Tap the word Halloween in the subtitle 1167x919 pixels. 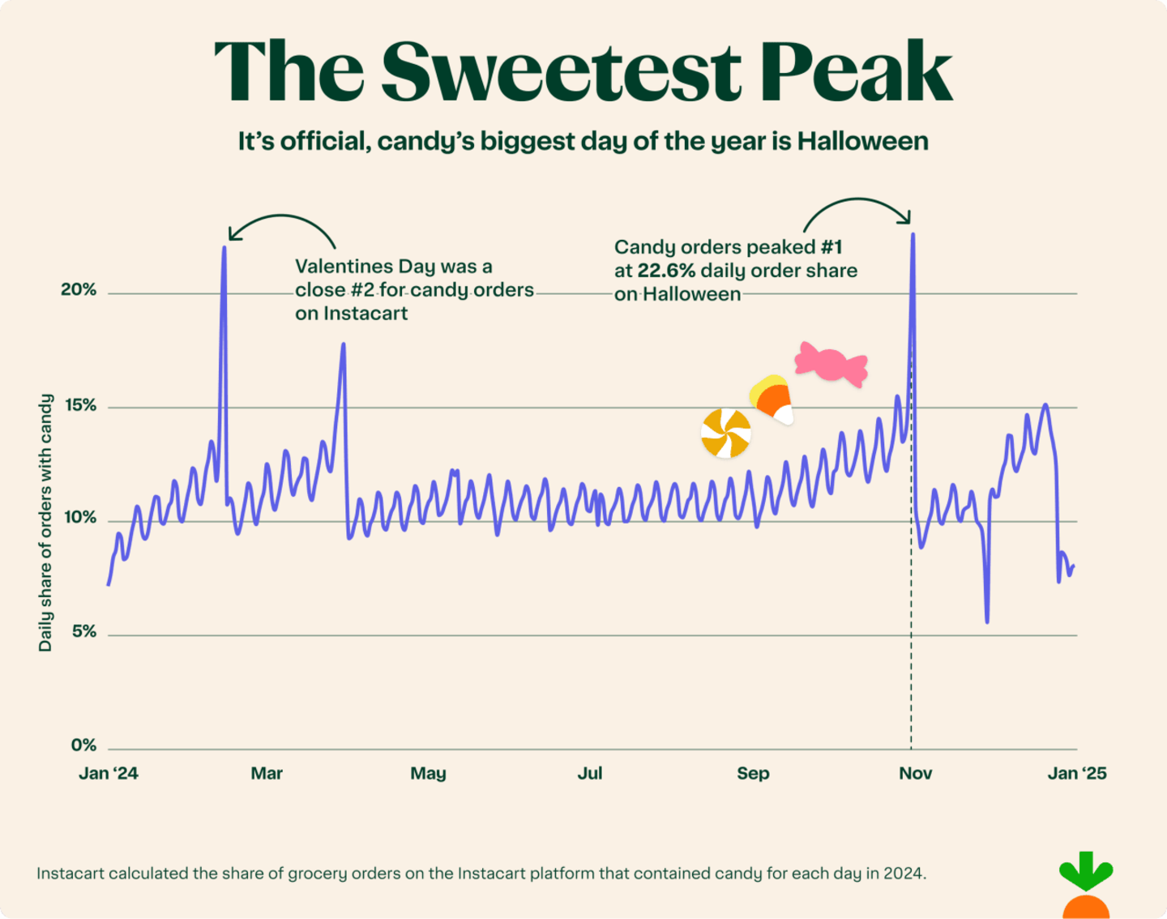[x=862, y=142]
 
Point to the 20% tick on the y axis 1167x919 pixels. [x=79, y=290]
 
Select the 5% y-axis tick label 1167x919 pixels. [x=83, y=631]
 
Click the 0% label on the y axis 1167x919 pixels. [x=83, y=746]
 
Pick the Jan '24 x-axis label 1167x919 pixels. [x=109, y=773]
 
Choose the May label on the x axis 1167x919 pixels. [x=428, y=773]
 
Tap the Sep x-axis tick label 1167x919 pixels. [x=753, y=773]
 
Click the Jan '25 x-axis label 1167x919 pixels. [x=1076, y=773]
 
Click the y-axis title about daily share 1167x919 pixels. [x=45, y=523]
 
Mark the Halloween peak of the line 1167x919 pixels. [x=913, y=235]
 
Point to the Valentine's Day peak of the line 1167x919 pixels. [x=224, y=248]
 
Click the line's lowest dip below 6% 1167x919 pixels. [x=987, y=621]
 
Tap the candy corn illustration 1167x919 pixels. [x=772, y=399]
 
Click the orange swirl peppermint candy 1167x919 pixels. [x=725, y=434]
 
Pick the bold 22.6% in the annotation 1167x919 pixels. [x=666, y=271]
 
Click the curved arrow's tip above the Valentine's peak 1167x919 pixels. [x=230, y=238]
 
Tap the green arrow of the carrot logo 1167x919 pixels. [x=1086, y=872]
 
